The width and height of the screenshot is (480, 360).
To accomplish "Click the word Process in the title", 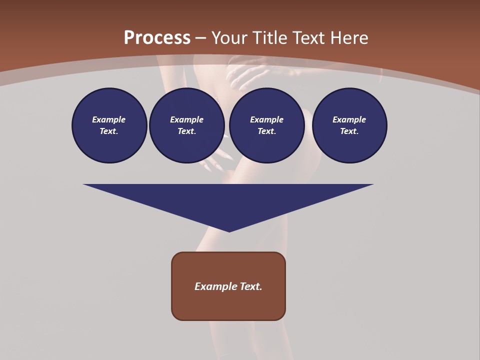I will click(x=157, y=38).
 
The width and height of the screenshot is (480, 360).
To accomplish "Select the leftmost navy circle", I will click(x=109, y=125).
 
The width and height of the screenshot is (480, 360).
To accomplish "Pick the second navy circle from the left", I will click(x=187, y=125).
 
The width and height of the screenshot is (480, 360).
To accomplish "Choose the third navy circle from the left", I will click(x=267, y=125).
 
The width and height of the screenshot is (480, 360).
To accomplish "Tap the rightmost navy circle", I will click(x=349, y=125).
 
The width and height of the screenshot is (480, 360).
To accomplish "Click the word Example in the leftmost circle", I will click(x=109, y=119).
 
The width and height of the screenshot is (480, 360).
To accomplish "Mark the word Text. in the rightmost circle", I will click(x=349, y=131).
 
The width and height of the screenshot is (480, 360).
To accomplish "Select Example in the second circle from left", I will click(x=187, y=119).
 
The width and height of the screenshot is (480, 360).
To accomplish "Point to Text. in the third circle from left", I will click(x=267, y=131).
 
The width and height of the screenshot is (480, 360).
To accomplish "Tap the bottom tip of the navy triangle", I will click(x=229, y=230).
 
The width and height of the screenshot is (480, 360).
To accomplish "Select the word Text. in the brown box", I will click(x=251, y=286).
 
